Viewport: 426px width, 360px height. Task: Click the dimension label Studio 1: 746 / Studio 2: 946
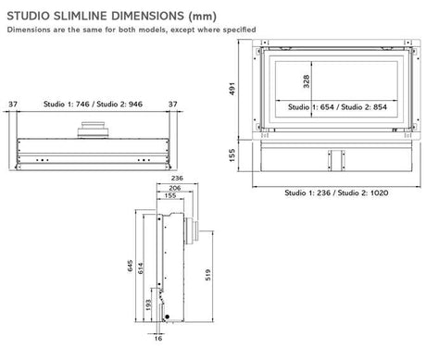pyautogui.click(x=93, y=105)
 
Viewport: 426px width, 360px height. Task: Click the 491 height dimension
pyautogui.click(x=236, y=91)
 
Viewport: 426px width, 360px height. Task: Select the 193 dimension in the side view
pyautogui.click(x=149, y=304)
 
